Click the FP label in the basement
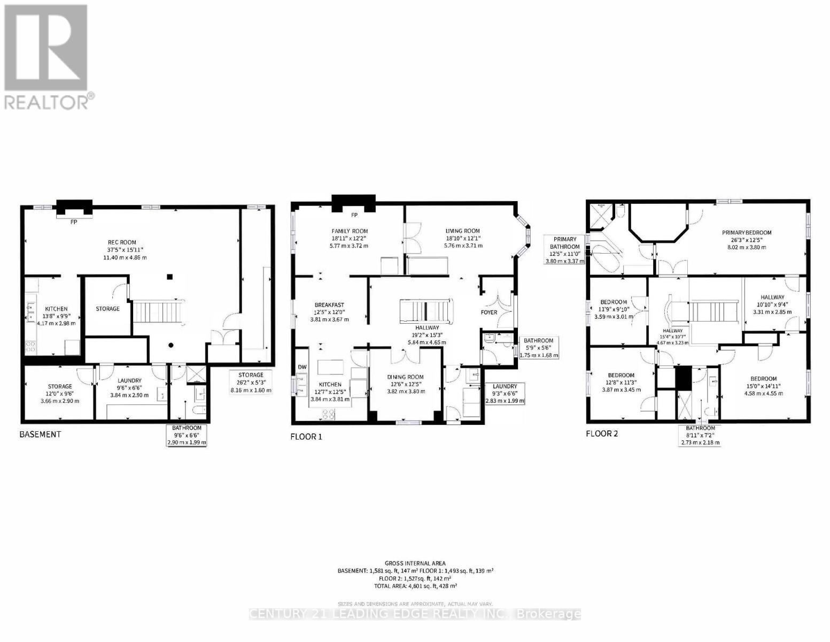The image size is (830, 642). [x=74, y=221]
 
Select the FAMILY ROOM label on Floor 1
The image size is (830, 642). [x=350, y=231]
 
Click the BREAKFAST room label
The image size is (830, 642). [x=329, y=305]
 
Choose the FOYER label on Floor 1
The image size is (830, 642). [x=489, y=312]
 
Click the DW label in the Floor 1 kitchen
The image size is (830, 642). [x=302, y=367]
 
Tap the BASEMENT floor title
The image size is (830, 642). [x=40, y=434]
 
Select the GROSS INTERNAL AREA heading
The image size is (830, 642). [x=415, y=563]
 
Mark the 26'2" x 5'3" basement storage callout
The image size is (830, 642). [x=251, y=383]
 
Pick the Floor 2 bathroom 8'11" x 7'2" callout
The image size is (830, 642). [x=700, y=435]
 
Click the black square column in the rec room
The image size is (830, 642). [x=169, y=277]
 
